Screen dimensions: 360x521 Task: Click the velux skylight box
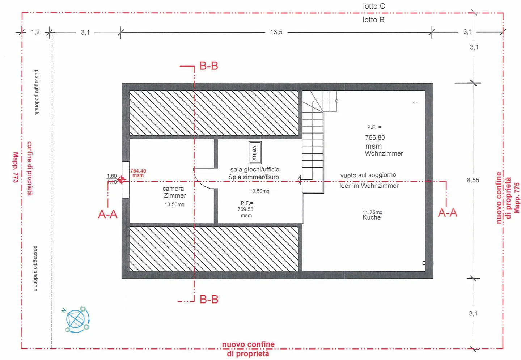[x=255, y=153]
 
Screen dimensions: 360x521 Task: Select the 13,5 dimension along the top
[x=276, y=32]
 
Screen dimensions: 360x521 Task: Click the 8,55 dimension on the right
[x=473, y=180]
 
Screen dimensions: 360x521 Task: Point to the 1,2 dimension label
[x=35, y=32]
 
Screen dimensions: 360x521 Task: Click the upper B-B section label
[x=209, y=66]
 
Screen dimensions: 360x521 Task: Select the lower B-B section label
[x=209, y=300]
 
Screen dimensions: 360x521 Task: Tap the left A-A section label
[x=108, y=214]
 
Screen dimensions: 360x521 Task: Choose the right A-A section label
[x=448, y=213]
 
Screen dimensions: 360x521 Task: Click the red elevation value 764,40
[x=138, y=171]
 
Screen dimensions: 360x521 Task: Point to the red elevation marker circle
[x=121, y=179]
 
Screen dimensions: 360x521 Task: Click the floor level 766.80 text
[x=375, y=137]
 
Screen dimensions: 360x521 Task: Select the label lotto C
[x=374, y=6]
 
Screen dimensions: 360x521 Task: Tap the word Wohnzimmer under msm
[x=384, y=153]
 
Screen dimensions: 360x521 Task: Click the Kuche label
[x=372, y=217]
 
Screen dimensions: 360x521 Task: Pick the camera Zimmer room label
[x=174, y=192]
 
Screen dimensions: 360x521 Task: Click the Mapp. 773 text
[x=16, y=167]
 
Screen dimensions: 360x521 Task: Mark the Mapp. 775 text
[x=517, y=198]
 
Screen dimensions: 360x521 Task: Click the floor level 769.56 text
[x=245, y=209]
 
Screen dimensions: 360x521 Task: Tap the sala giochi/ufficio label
[x=254, y=169]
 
